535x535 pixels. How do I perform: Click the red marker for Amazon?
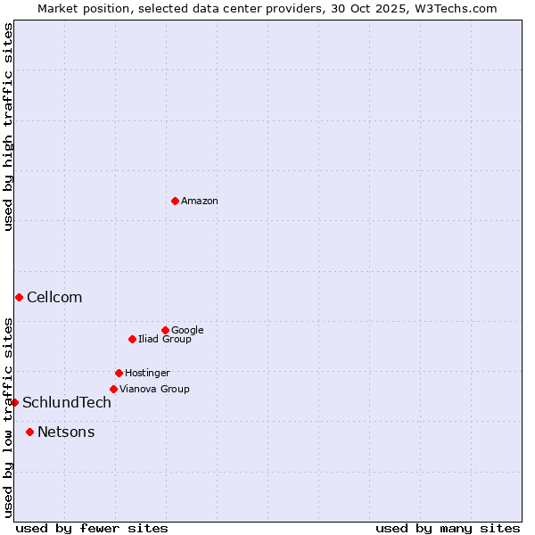coord(175,201)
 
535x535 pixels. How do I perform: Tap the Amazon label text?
coord(199,202)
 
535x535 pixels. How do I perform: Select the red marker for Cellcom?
coord(19,297)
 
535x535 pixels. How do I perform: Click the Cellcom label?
coord(54,298)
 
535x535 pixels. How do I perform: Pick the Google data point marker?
coord(165,330)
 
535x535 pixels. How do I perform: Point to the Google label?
coord(187,331)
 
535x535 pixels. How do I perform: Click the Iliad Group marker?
coord(132,339)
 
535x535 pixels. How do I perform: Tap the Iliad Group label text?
coord(164,340)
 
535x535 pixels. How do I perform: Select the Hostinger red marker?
coord(119,373)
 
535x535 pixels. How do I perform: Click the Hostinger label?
coord(147,374)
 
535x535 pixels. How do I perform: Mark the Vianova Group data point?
coord(113,389)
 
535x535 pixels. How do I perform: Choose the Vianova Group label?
coord(154,390)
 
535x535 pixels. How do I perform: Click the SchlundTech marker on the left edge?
coord(14,402)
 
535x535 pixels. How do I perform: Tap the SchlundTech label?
coord(67,403)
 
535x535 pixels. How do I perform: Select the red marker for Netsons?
coord(29,432)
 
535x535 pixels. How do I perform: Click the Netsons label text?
coord(66,432)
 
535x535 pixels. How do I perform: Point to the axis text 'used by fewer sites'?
coord(92,528)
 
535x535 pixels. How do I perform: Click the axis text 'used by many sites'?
coord(448,528)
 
